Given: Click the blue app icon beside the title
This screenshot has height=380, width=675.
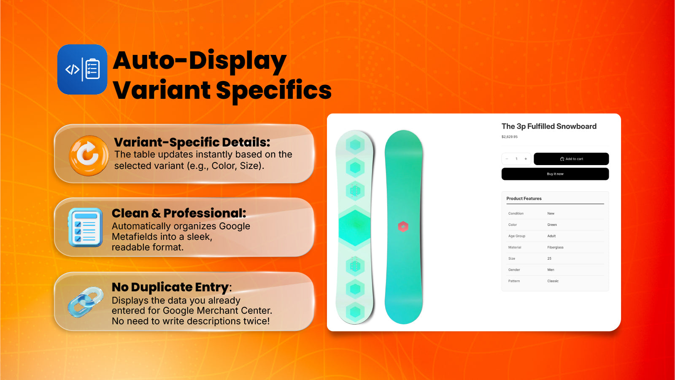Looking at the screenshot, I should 82,69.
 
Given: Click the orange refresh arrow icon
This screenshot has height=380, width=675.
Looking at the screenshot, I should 89,155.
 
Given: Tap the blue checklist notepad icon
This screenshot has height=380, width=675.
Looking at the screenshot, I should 85,227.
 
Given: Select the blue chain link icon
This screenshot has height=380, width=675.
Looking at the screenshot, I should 86,302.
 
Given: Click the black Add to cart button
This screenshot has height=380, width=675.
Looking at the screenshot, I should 571,159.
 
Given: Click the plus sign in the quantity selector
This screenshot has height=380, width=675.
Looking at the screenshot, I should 526,159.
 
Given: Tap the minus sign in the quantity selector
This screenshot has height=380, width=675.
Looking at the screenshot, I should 507,159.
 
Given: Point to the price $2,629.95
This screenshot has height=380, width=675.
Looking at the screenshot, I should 509,137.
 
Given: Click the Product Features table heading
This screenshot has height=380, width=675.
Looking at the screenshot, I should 524,198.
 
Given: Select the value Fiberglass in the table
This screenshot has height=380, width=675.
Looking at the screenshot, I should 555,247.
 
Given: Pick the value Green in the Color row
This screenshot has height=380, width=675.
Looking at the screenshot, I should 552,225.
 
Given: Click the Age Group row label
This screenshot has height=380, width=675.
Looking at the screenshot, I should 516,236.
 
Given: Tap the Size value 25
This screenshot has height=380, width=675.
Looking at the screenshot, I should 549,258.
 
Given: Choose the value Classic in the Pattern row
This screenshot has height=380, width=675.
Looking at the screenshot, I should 553,281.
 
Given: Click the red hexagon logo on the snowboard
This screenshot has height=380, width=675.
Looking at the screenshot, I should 403,227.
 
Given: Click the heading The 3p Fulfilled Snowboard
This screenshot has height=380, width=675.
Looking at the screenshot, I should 549,126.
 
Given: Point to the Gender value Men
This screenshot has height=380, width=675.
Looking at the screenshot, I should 551,270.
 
